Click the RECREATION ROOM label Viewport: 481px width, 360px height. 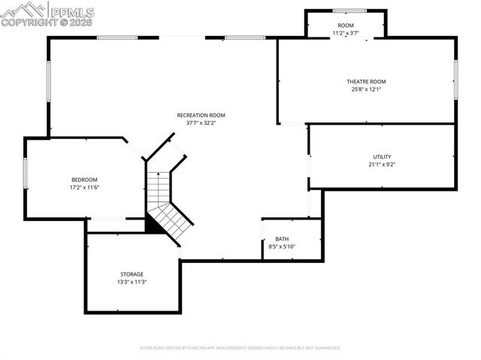201,115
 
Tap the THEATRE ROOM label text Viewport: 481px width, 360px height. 366,81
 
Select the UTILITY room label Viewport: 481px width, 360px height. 382,156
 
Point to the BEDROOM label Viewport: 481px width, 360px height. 84,179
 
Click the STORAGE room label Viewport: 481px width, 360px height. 132,274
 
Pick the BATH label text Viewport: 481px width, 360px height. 282,239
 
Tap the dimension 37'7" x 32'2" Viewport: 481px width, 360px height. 201,123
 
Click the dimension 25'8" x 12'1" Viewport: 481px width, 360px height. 366,89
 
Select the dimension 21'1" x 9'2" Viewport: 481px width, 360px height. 382,164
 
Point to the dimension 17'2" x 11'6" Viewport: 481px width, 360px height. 84,186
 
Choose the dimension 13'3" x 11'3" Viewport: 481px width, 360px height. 132,282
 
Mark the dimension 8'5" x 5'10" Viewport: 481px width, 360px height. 282,247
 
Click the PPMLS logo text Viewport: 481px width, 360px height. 72,11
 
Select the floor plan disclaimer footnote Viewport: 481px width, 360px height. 240,348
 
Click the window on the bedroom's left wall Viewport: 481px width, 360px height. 26,173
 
